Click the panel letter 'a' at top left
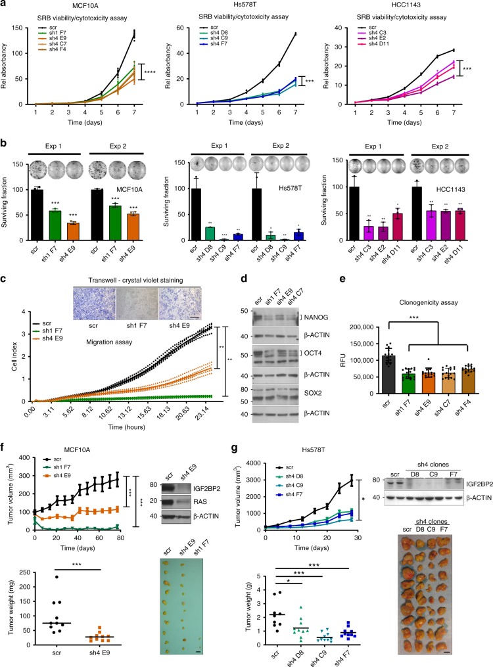pyautogui.click(x=5, y=5)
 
